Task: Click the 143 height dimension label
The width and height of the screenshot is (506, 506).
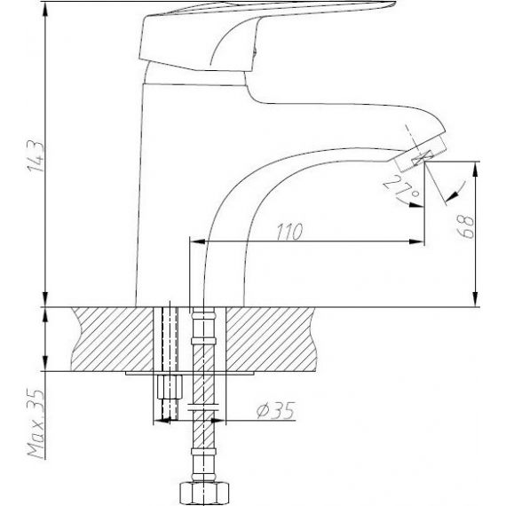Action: [36, 156]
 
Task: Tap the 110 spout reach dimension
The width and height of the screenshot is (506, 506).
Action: [289, 232]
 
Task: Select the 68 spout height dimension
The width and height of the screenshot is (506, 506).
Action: [467, 226]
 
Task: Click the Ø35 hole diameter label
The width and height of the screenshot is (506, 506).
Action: [275, 410]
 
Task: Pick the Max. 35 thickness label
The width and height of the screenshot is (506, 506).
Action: [36, 424]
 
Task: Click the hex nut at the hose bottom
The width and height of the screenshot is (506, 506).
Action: [204, 494]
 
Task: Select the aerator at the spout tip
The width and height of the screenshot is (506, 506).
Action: [420, 154]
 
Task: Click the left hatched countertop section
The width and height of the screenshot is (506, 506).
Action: [111, 339]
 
